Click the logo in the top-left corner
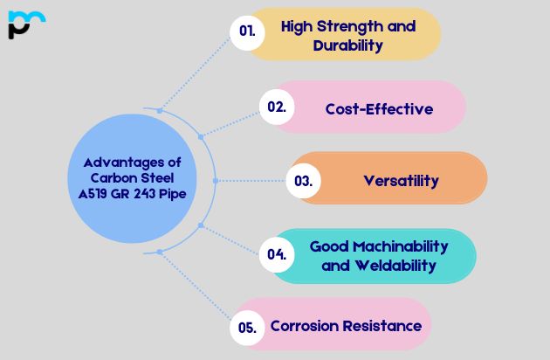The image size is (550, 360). pos(25,24)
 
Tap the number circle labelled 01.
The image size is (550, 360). pos(248,31)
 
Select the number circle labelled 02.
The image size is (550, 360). pos(277,107)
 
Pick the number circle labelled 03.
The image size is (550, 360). pos(303,182)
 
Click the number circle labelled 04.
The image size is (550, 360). pos(278,255)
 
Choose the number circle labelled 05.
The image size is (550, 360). pos(247,329)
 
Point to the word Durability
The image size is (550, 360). pos(347,45)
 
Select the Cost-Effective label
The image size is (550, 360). pos(379,109)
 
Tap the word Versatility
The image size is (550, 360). pos(401,182)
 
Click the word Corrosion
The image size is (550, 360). pos(305,326)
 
